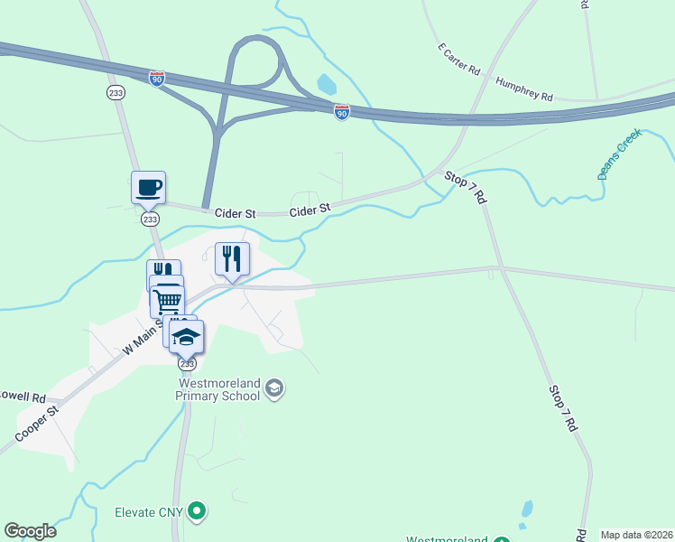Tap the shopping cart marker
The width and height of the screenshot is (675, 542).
(168, 300)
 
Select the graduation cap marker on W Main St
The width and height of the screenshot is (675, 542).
(187, 338)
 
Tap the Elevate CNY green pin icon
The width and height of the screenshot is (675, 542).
(197, 512)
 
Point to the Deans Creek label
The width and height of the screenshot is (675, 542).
(619, 154)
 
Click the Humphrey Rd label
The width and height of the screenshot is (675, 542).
(523, 89)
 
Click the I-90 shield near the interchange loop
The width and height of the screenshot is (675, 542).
(341, 112)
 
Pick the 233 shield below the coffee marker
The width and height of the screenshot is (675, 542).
(150, 220)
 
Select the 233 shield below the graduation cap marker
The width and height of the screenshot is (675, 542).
(187, 364)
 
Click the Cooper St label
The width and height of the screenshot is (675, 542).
(37, 422)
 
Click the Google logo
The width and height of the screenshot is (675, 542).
(30, 530)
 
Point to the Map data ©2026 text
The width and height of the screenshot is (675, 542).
(636, 534)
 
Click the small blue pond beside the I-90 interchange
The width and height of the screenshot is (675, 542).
(326, 85)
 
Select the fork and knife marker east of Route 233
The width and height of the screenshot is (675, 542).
(232, 260)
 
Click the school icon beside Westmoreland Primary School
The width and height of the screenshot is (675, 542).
(275, 389)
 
